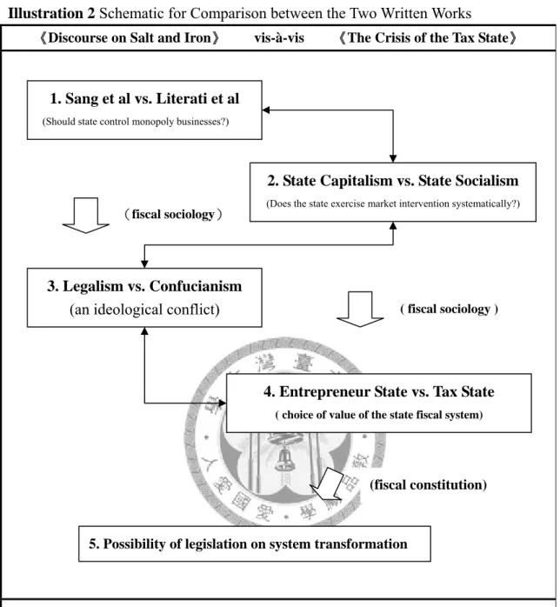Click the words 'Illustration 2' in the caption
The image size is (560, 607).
click(x=51, y=13)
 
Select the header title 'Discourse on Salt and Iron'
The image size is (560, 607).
click(x=130, y=38)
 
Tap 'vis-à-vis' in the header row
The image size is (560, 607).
click(x=279, y=38)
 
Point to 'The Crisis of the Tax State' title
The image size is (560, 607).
click(x=428, y=38)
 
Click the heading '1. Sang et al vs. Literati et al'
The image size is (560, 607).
click(x=144, y=98)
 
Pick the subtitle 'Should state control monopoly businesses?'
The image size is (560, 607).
click(x=136, y=122)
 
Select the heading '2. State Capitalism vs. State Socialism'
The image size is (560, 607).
click(x=393, y=180)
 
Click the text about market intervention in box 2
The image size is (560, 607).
click(x=393, y=203)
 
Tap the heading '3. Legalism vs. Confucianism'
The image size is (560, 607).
click(x=144, y=286)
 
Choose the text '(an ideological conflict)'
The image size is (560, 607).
click(x=144, y=310)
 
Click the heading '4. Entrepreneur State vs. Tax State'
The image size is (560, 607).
click(x=379, y=391)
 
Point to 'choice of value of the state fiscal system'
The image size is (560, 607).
click(x=379, y=415)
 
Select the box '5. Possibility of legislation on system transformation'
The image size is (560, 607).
click(x=255, y=544)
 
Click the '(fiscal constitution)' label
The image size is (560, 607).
click(x=428, y=484)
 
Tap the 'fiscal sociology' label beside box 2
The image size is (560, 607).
click(x=173, y=214)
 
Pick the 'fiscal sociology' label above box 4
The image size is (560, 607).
click(x=449, y=309)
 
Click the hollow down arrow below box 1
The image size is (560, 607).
click(x=85, y=216)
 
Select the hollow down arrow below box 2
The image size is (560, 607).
click(x=360, y=310)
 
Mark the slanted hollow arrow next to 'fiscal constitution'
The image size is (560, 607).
click(x=328, y=484)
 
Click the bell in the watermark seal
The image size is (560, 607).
click(x=285, y=458)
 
